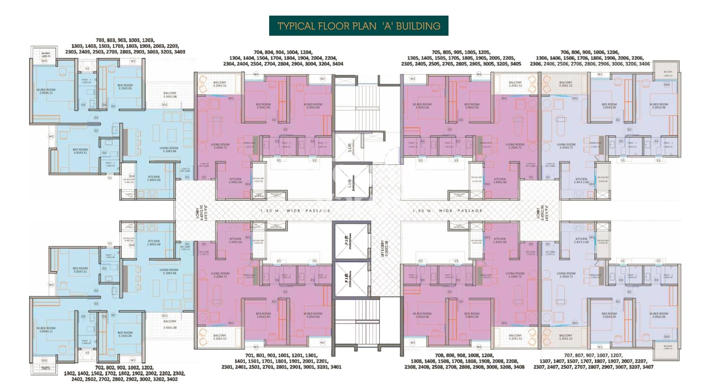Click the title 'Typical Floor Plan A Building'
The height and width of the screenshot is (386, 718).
358,26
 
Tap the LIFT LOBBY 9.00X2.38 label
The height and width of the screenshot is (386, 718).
384,248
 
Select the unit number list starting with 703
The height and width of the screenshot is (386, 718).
125,46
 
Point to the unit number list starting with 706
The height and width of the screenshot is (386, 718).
590,58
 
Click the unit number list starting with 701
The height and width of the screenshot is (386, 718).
281,361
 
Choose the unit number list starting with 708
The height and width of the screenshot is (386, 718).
464,361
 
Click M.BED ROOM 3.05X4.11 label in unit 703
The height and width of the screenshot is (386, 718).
46,91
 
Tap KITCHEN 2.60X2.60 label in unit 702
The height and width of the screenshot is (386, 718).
154,242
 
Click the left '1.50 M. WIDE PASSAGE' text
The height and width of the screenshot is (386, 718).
295,211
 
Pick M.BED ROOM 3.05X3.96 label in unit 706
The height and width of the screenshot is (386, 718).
659,106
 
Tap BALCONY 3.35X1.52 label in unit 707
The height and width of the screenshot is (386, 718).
566,337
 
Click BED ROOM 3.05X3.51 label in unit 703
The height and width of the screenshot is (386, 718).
80,151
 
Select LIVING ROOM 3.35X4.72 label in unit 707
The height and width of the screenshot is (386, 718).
566,275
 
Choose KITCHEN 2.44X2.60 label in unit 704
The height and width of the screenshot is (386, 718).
235,180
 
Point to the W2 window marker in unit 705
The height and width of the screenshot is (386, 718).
412,79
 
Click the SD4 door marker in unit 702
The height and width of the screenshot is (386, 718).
131,245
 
